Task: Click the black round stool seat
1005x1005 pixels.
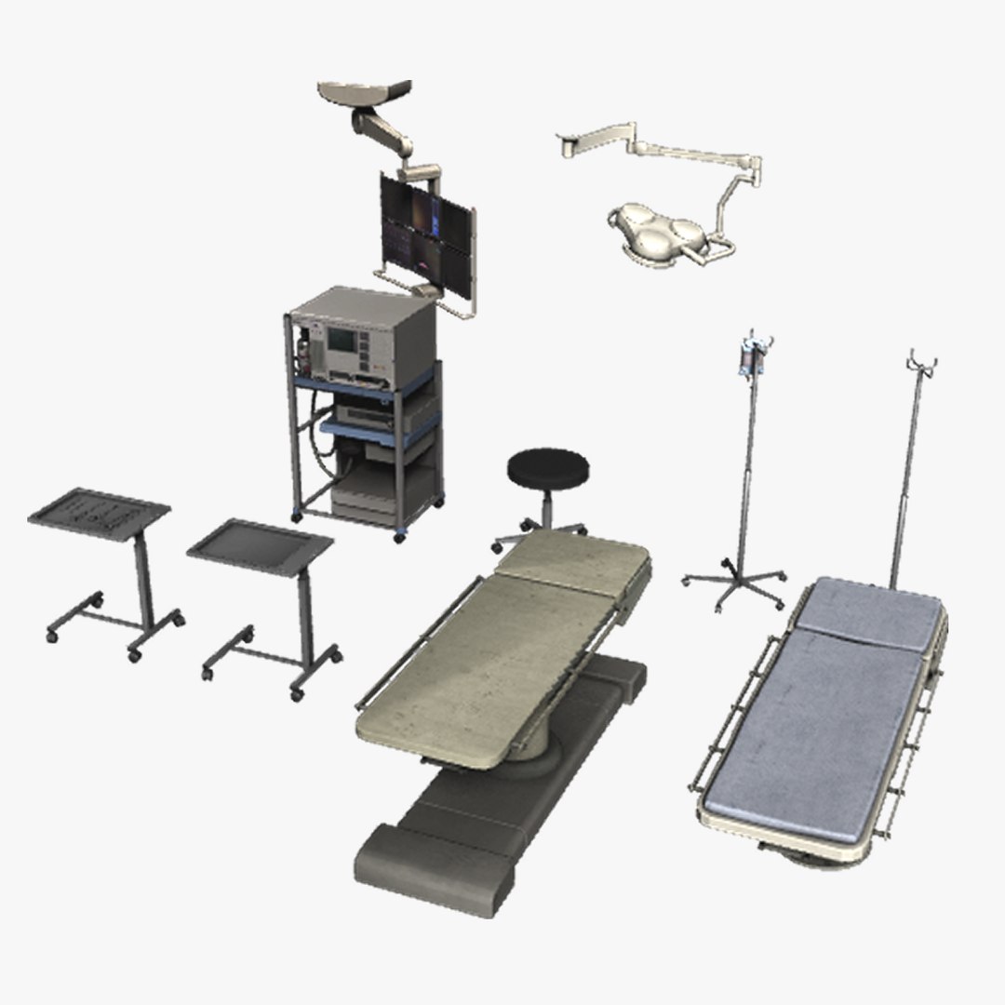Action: [x=549, y=466]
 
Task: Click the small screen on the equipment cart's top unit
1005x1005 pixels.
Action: [x=341, y=340]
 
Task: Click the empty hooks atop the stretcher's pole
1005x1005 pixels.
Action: [x=921, y=361]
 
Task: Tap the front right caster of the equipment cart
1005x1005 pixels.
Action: [x=400, y=537]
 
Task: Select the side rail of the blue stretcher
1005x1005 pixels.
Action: [x=735, y=707]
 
